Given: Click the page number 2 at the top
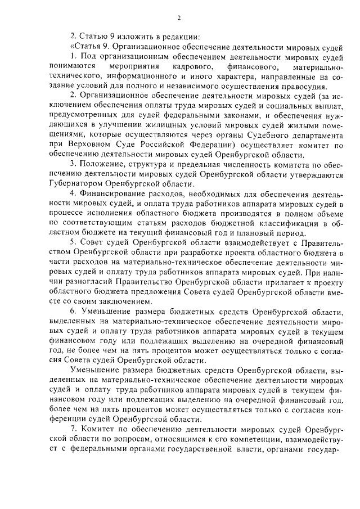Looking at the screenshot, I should (x=179, y=18).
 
